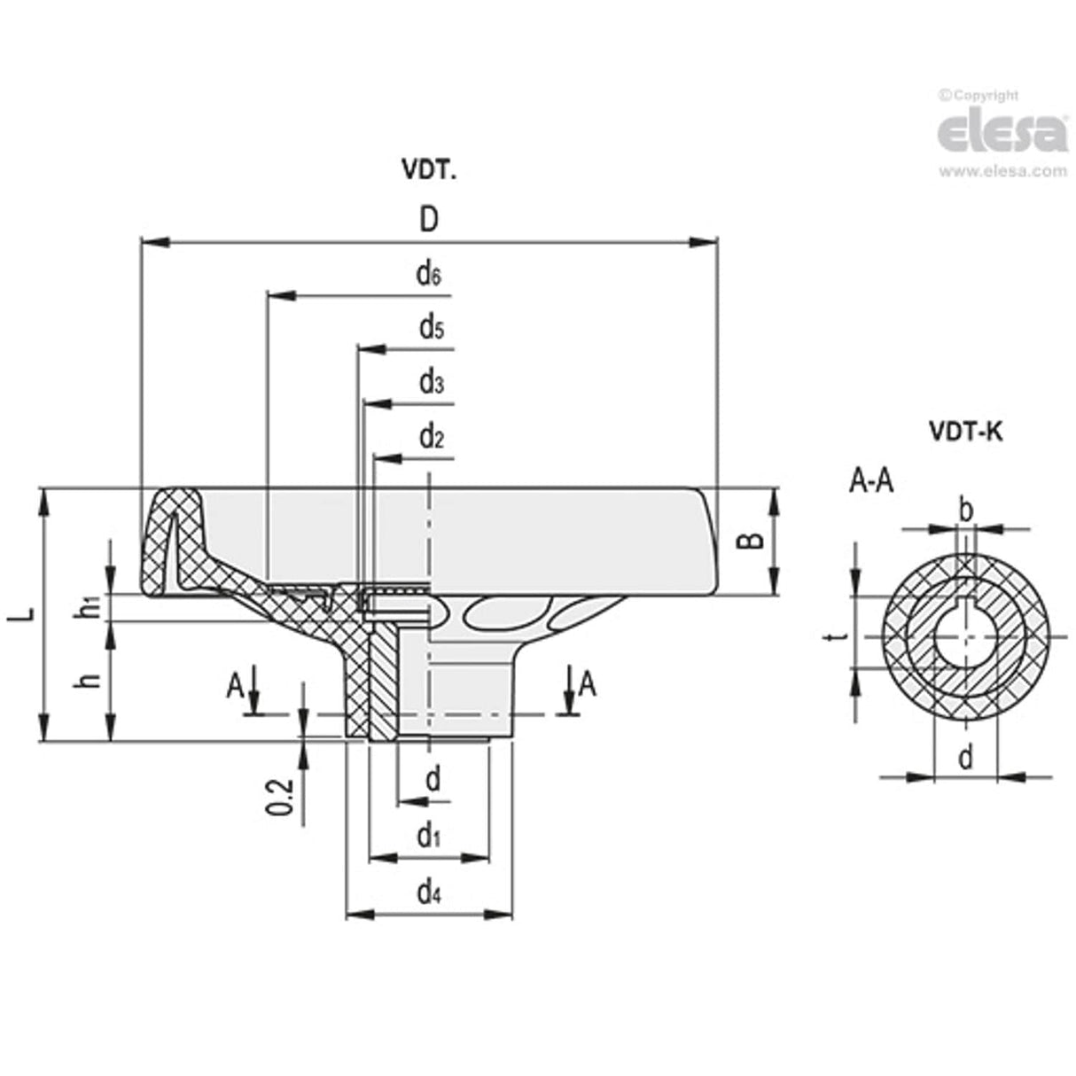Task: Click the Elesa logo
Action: [1002, 133]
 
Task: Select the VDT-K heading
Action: [965, 432]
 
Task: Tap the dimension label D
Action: [429, 220]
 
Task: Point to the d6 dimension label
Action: [429, 275]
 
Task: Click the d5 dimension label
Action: [431, 329]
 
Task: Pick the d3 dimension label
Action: [431, 383]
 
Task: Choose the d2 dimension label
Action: [431, 437]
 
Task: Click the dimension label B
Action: [751, 540]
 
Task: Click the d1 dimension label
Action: [429, 835]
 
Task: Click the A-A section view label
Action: [871, 481]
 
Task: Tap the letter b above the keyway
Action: [966, 511]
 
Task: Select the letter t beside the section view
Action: [843, 635]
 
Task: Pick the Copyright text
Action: [979, 96]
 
